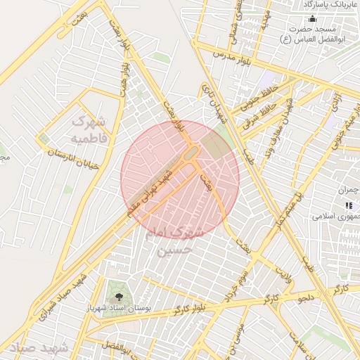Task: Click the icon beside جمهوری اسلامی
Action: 349,205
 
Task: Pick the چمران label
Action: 349,191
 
